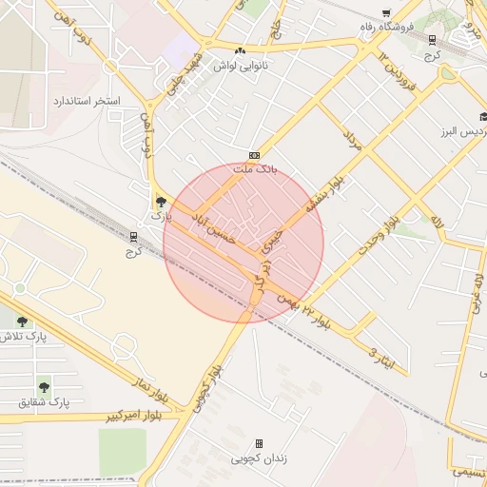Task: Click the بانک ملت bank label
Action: [254, 169]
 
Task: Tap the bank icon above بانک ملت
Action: [254, 155]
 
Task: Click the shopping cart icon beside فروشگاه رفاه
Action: [385, 13]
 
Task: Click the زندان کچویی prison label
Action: [259, 458]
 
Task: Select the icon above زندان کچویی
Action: [259, 444]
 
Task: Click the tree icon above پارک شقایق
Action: [44, 386]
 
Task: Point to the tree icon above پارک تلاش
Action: [21, 321]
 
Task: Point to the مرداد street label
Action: [352, 144]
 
